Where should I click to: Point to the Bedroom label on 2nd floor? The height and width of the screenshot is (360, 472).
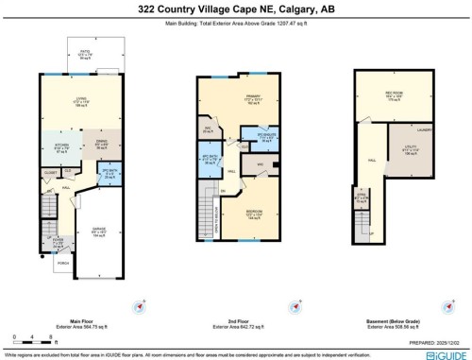254,214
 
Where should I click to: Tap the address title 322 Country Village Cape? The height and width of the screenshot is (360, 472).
236,9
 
